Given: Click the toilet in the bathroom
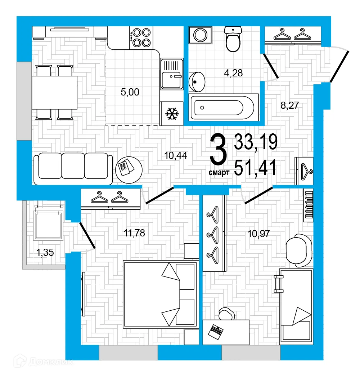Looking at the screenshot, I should point(233,39).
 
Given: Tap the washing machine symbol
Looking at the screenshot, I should point(199,35).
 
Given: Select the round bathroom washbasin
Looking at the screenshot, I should point(197,81).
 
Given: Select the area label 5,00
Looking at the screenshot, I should point(130,92).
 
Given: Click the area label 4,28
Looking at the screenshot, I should point(233,73).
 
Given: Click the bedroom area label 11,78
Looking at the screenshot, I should point(134,233).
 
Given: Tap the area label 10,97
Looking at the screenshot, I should point(258,233).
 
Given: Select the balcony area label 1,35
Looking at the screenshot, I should point(45,252).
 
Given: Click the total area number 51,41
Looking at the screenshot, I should point(256,168).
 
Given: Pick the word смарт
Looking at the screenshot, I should point(219,173).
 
